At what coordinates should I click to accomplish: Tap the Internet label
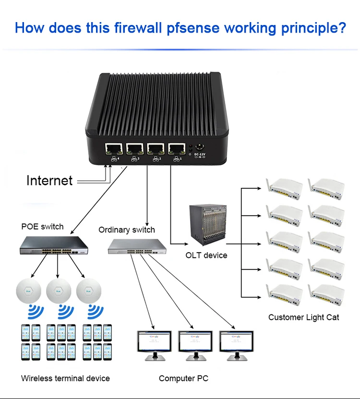click(49, 181)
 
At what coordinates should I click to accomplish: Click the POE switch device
click(55, 247)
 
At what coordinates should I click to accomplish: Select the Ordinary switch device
click(137, 246)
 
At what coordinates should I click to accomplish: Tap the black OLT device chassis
click(207, 224)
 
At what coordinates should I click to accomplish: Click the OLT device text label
click(206, 255)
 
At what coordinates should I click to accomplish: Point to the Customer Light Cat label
click(303, 317)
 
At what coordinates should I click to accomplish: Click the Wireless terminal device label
click(65, 378)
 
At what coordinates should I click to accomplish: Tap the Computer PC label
click(183, 379)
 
